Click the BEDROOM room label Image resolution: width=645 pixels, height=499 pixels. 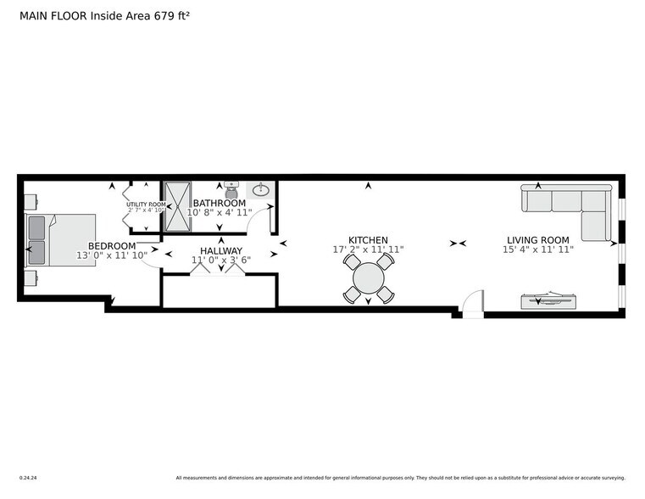click(112, 245)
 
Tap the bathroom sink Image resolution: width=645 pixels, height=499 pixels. click(261, 190)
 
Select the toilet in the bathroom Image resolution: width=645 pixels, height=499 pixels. click(231, 189)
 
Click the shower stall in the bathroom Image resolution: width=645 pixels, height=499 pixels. click(177, 205)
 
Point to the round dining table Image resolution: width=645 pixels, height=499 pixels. click(369, 278)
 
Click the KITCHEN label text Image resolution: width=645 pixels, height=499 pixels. click(368, 240)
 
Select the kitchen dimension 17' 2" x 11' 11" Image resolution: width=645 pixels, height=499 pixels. click(368, 250)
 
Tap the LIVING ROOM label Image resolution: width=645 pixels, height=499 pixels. click(538, 240)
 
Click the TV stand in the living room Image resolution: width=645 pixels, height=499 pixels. click(548, 300)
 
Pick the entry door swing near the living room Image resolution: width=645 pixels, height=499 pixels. click(472, 302)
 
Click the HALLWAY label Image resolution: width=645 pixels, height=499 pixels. click(221, 250)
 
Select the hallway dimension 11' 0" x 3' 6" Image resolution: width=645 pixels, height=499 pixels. click(221, 261)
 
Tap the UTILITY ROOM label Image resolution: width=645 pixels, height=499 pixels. click(146, 205)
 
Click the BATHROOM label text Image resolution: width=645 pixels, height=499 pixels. click(220, 204)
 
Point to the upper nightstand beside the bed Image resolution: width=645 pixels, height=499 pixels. click(31, 202)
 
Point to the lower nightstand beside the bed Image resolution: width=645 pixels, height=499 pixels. click(31, 278)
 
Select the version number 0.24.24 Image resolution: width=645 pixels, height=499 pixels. click(28, 477)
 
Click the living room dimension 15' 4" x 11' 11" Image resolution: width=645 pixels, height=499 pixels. click(538, 250)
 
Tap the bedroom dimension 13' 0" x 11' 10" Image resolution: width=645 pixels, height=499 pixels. click(112, 255)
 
